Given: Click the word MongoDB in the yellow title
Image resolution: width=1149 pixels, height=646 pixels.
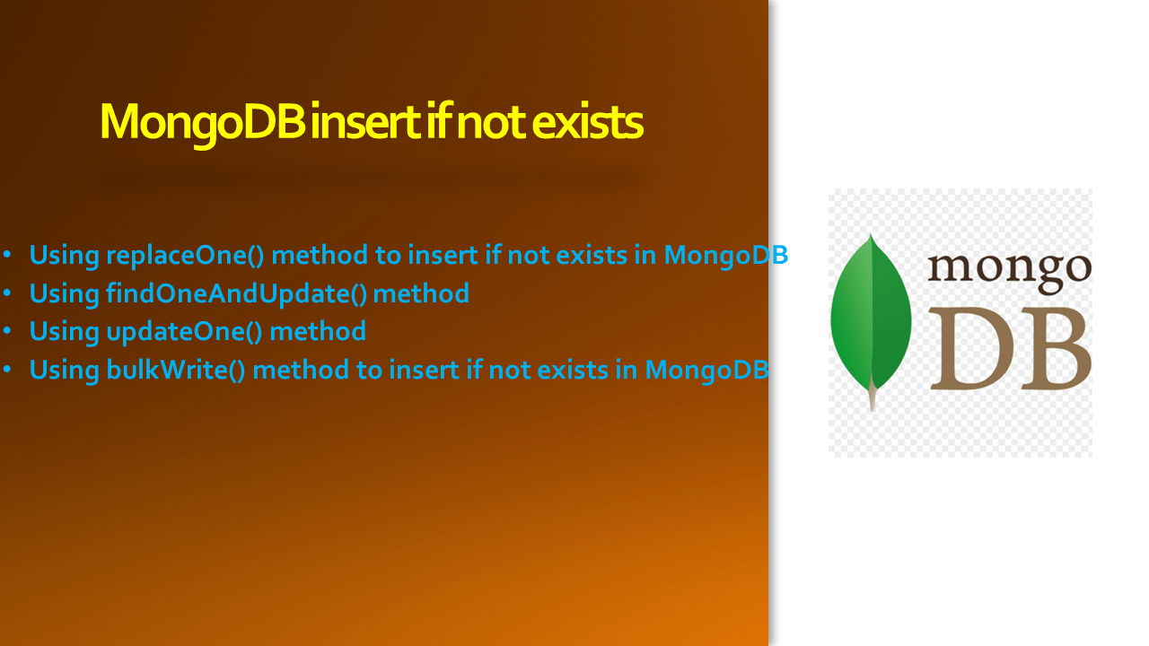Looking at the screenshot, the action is tap(203, 124).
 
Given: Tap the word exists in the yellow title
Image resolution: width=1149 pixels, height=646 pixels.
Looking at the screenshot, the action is tap(587, 122).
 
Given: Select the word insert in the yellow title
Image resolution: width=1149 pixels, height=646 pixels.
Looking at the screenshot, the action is tap(366, 122).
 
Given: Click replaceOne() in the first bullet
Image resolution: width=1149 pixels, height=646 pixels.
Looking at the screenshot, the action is tap(185, 256).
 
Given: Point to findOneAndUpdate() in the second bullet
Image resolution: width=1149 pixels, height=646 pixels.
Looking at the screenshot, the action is tap(236, 293).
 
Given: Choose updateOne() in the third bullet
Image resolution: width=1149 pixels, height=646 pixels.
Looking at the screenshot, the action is tap(185, 332).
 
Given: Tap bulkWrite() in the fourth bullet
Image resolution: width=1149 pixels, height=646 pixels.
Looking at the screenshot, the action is tap(176, 370).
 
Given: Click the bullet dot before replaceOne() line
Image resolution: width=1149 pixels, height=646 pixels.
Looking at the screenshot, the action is tap(7, 255).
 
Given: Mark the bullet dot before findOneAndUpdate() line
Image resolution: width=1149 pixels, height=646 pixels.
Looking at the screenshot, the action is tap(7, 293).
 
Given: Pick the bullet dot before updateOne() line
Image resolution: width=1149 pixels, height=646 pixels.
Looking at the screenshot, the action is tap(7, 331).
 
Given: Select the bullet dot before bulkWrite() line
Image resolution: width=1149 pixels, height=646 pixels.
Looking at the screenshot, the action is tap(7, 370).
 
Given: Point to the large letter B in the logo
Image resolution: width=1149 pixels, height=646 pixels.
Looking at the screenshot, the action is tap(1051, 349).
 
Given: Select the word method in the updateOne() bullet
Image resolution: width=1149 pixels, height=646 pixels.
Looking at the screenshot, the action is tap(318, 331).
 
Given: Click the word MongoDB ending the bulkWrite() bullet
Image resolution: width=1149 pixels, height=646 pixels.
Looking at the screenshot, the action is tap(706, 370).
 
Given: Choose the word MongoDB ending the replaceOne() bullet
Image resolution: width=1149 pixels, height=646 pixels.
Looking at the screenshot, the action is tap(726, 256).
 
